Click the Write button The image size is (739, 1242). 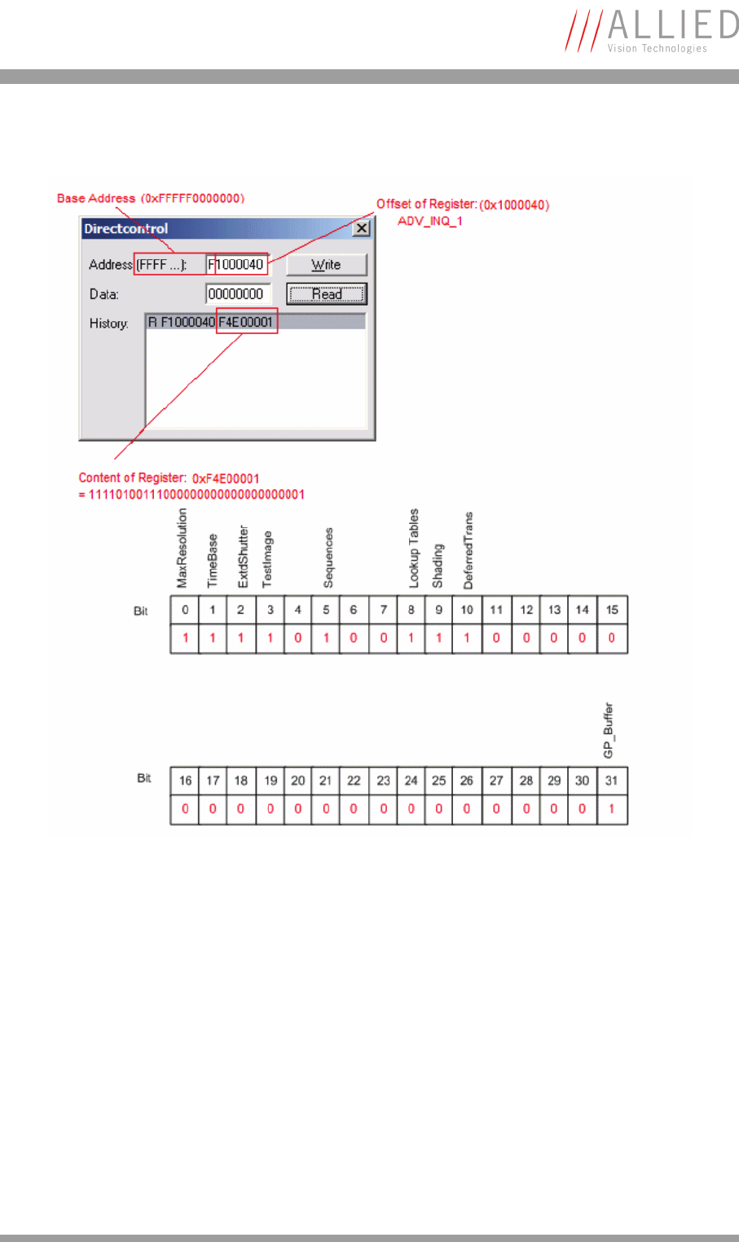click(x=326, y=265)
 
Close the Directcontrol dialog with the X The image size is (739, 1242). click(x=361, y=229)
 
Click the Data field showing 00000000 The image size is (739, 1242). click(x=237, y=294)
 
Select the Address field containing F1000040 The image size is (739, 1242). click(x=236, y=265)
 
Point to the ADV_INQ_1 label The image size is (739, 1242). click(x=429, y=221)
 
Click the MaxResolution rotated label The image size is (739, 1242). click(x=183, y=548)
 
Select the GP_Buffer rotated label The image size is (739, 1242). click(x=609, y=730)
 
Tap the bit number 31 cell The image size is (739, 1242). click(x=611, y=781)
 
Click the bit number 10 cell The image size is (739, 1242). click(x=467, y=610)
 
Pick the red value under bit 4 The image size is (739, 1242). click(x=297, y=638)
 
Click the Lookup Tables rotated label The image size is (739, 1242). click(x=414, y=548)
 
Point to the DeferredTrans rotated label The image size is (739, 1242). click(x=468, y=550)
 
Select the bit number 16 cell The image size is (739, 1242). click(x=185, y=781)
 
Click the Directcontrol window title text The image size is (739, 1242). click(x=126, y=229)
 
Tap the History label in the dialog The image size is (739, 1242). click(x=108, y=324)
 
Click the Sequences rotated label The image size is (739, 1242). click(x=328, y=557)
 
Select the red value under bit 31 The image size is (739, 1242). click(x=611, y=809)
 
